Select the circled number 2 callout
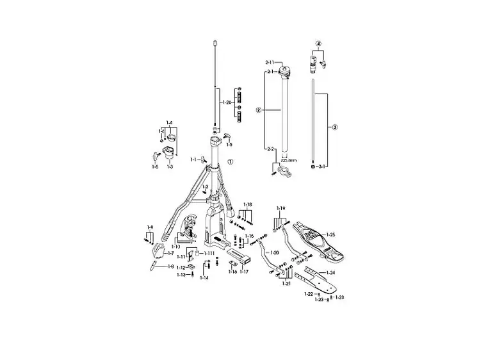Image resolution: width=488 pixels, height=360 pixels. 257,110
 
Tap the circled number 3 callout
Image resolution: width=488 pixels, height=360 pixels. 334,127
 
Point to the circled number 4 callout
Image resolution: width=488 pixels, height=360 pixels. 318,44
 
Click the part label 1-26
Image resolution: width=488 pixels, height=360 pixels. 225,102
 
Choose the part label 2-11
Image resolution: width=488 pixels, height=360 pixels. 270,63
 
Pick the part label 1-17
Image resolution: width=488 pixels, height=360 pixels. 244,272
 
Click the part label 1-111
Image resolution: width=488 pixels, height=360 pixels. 210,254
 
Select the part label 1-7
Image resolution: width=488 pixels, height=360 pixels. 171,254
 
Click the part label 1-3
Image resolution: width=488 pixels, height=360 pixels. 170,167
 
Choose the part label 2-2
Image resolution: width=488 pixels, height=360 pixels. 270,149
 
